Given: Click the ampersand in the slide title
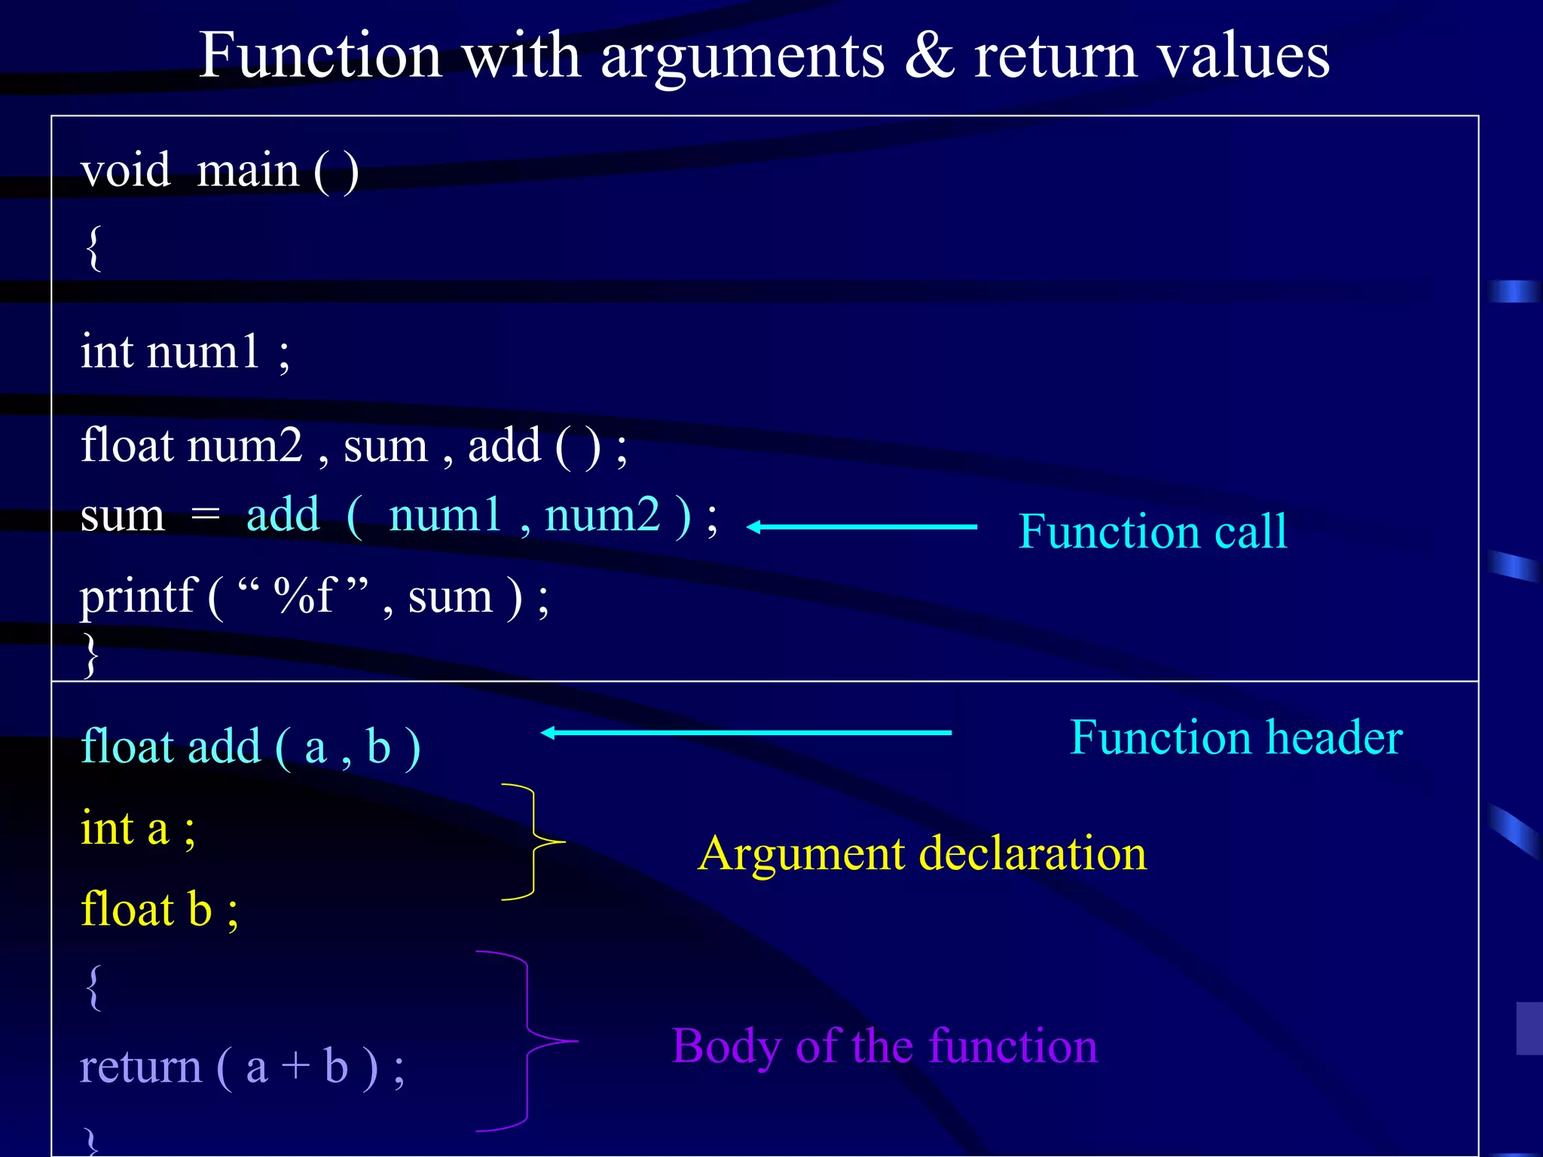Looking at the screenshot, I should point(930,56).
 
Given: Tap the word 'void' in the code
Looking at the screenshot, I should point(126,170).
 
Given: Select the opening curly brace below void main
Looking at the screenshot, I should point(93,248).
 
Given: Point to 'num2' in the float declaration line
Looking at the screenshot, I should point(245,445).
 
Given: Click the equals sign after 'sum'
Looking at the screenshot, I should point(205,516).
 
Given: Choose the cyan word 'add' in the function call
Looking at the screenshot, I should point(283,515).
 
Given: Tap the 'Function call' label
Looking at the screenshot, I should point(1152,532).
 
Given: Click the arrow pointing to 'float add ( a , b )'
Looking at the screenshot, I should point(746,732).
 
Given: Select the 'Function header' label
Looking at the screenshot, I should point(1236,737).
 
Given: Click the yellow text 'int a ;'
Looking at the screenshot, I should point(138,829).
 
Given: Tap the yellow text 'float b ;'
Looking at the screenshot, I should point(159,910).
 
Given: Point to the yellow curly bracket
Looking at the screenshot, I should point(534,841).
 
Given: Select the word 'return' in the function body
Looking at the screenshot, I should point(141,1067).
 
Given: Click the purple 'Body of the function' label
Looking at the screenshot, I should point(885,1046).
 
